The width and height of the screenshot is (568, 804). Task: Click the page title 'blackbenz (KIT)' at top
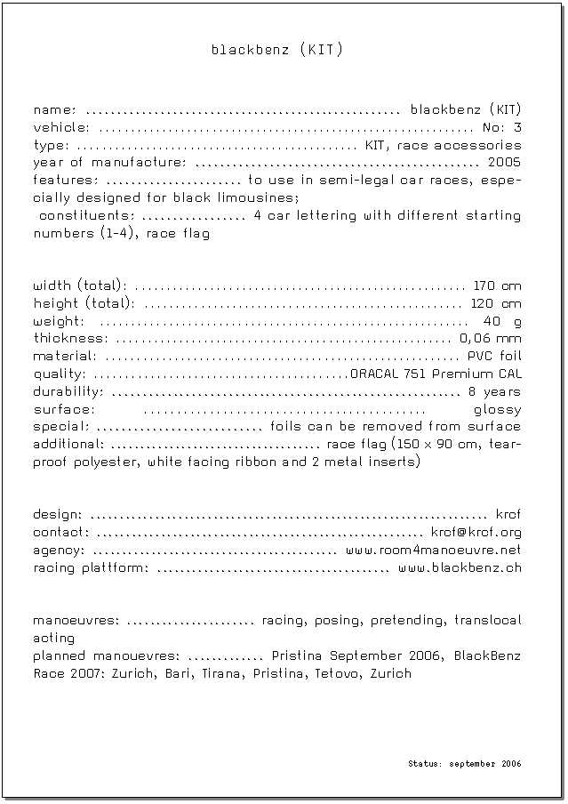tap(276, 50)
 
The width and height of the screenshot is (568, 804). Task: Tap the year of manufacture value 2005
tap(504, 163)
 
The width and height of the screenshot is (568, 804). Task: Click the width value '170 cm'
tap(497, 286)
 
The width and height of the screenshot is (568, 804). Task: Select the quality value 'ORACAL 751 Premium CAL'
tap(436, 374)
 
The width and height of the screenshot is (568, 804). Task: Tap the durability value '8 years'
tap(494, 392)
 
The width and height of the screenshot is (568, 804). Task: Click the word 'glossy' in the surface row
tap(497, 410)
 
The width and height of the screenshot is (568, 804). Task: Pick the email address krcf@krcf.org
tap(476, 533)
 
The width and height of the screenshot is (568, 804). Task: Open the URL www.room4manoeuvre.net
tap(433, 551)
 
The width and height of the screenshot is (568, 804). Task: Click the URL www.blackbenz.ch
tap(460, 567)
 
